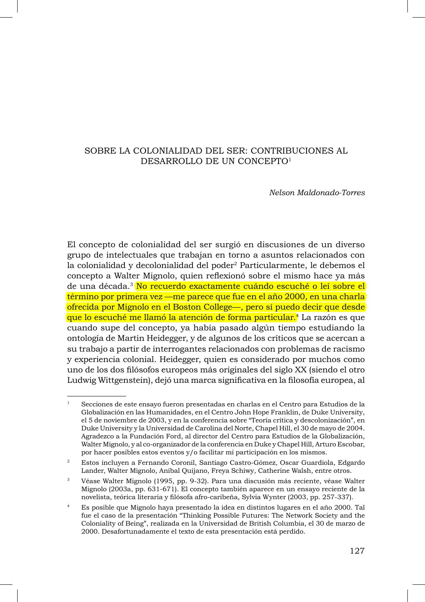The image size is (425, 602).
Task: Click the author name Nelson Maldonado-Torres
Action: tap(317, 192)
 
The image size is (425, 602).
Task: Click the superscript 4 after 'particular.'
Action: tap(297, 316)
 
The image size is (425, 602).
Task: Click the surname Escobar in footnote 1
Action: tap(351, 444)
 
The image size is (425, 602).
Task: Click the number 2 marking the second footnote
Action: tap(68, 461)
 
